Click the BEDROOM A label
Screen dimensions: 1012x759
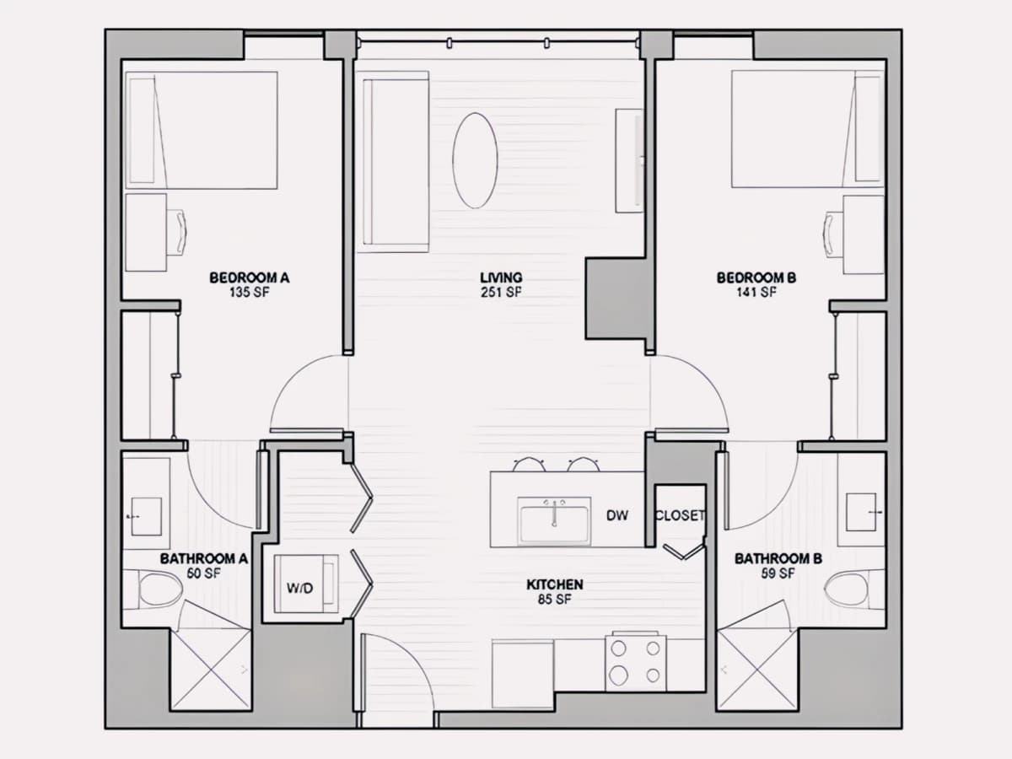click(250, 278)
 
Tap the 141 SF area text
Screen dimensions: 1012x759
click(756, 292)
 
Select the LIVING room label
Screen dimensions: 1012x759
click(501, 278)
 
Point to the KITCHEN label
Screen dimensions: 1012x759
click(555, 584)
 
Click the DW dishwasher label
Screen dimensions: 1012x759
click(617, 515)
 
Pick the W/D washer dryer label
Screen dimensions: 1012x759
click(299, 588)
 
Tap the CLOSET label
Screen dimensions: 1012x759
click(680, 515)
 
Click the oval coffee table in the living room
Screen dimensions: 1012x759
click(475, 160)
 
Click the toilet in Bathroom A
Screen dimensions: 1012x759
click(158, 589)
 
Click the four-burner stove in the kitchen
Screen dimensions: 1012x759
click(636, 662)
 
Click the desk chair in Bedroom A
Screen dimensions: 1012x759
click(176, 232)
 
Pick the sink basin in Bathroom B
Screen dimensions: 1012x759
click(861, 512)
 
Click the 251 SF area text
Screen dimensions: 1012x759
click(501, 292)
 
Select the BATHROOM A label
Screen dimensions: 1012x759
click(204, 558)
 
